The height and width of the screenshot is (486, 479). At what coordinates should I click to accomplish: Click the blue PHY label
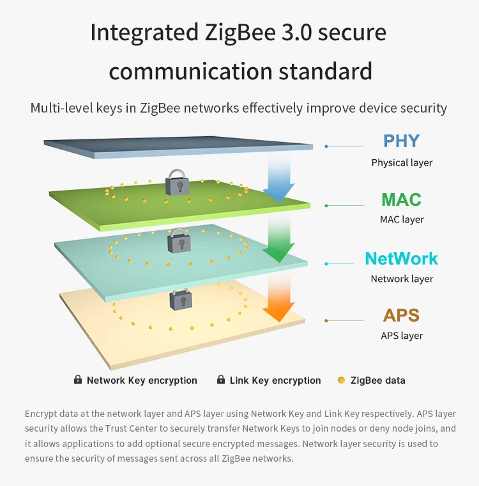pyautogui.click(x=401, y=141)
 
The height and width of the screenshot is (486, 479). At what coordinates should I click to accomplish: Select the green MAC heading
pyautogui.click(x=401, y=200)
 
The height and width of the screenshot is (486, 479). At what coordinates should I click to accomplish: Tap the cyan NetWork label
pyautogui.click(x=401, y=258)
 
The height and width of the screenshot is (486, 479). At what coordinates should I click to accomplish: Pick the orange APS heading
pyautogui.click(x=401, y=315)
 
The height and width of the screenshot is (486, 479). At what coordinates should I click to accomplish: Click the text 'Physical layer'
pyautogui.click(x=402, y=162)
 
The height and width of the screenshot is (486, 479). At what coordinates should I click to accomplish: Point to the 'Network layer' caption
pyautogui.click(x=402, y=279)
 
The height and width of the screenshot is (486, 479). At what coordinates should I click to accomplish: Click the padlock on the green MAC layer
pyautogui.click(x=177, y=183)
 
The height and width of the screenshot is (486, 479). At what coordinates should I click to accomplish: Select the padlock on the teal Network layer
pyautogui.click(x=179, y=240)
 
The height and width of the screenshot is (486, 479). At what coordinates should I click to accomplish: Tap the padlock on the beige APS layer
pyautogui.click(x=179, y=299)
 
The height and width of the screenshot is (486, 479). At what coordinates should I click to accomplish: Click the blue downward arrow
pyautogui.click(x=278, y=179)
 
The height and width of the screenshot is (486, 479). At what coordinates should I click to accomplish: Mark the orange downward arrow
pyautogui.click(x=279, y=297)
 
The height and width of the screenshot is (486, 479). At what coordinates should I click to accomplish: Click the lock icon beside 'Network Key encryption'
pyautogui.click(x=78, y=380)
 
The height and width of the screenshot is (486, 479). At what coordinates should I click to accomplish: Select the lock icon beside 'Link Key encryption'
pyautogui.click(x=221, y=380)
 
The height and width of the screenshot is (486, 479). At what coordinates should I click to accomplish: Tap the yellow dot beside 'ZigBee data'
pyautogui.click(x=341, y=380)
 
